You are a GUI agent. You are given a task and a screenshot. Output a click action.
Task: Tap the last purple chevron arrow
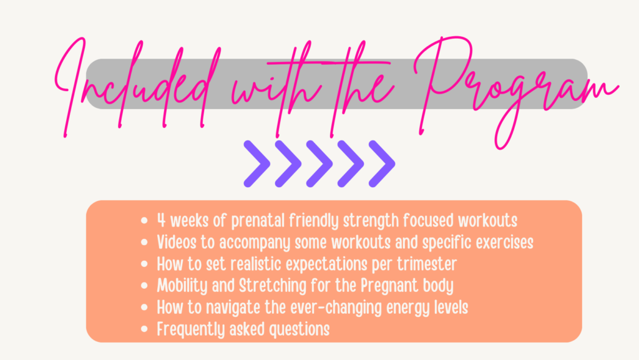tap(382, 163)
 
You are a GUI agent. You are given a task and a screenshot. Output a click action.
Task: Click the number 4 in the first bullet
tap(162, 220)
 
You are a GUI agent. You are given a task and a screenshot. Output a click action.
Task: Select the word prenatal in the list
tap(258, 221)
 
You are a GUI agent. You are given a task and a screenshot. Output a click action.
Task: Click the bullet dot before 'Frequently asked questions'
tap(144, 329)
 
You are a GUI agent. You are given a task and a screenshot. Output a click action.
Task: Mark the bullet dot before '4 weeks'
tap(144, 221)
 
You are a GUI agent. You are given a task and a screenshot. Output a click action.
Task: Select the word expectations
tap(326, 265)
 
